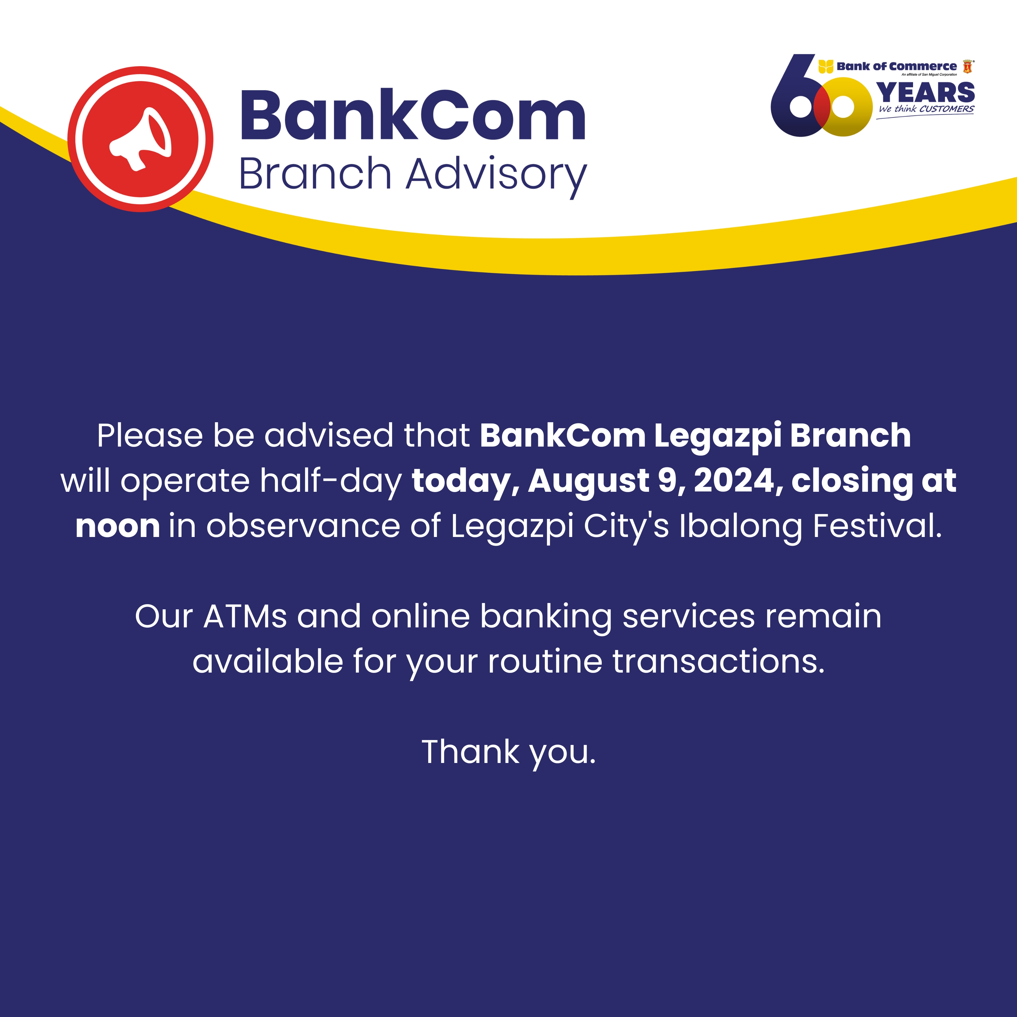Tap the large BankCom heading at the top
(413, 115)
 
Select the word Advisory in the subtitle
(496, 175)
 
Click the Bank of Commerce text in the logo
(896, 66)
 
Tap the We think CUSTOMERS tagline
(926, 109)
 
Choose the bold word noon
(118, 526)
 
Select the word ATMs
(245, 617)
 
